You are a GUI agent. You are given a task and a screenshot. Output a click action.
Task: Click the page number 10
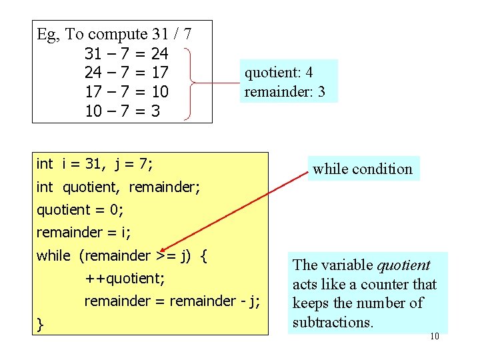coord(435,337)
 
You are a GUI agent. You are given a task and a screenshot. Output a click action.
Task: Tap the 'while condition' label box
coord(363,169)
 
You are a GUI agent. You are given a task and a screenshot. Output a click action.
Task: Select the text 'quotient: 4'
coord(279,73)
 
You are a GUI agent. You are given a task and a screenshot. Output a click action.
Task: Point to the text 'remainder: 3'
coord(285,92)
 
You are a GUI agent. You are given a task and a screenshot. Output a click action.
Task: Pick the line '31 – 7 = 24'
coord(127,53)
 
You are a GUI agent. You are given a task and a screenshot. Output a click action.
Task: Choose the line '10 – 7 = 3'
coord(123,111)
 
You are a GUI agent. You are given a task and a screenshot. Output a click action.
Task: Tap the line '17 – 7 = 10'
coord(127,91)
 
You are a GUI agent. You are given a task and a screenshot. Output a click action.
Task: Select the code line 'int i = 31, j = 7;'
coord(95,164)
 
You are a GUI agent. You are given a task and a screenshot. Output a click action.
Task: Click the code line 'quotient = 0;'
coord(80,209)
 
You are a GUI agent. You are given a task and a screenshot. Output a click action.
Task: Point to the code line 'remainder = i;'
coord(84,233)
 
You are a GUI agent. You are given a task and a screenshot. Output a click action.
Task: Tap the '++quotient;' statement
coord(125,278)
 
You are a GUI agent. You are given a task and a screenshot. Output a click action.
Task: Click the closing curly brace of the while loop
coord(41,325)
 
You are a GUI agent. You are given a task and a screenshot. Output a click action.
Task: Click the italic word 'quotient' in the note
coord(403,265)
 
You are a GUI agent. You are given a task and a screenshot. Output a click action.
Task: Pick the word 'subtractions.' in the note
coord(333,323)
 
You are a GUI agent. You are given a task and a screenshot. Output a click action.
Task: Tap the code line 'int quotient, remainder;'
coord(118,188)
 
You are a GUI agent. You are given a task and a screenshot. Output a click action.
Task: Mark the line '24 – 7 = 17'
coord(127,72)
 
